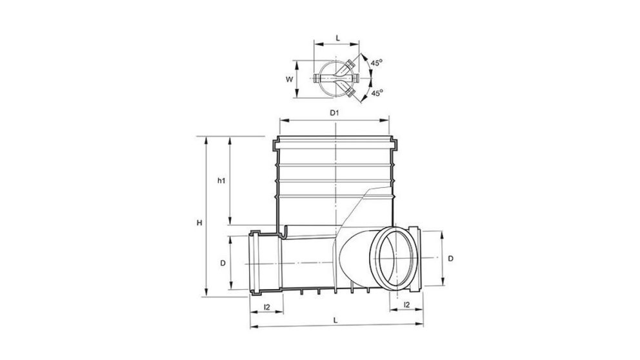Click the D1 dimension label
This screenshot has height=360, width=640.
[x=334, y=113]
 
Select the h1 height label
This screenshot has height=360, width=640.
[x=221, y=181]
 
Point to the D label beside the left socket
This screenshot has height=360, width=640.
[x=222, y=263]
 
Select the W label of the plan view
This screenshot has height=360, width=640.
[x=290, y=79]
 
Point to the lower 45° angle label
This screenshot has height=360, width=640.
[x=377, y=94]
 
